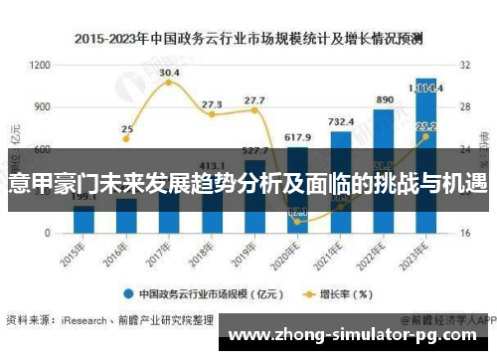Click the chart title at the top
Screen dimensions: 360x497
coord(248,39)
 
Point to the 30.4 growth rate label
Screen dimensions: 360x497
coord(170,73)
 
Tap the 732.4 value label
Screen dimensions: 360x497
coord(341,121)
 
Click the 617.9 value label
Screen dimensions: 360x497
coord(298,137)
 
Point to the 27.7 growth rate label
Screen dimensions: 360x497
coord(254,100)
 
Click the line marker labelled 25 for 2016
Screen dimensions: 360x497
coord(127,138)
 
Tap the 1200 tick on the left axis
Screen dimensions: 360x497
coord(40,65)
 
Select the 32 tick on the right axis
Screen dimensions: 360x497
coord(464,65)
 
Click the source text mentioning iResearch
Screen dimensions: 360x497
coord(109,320)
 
